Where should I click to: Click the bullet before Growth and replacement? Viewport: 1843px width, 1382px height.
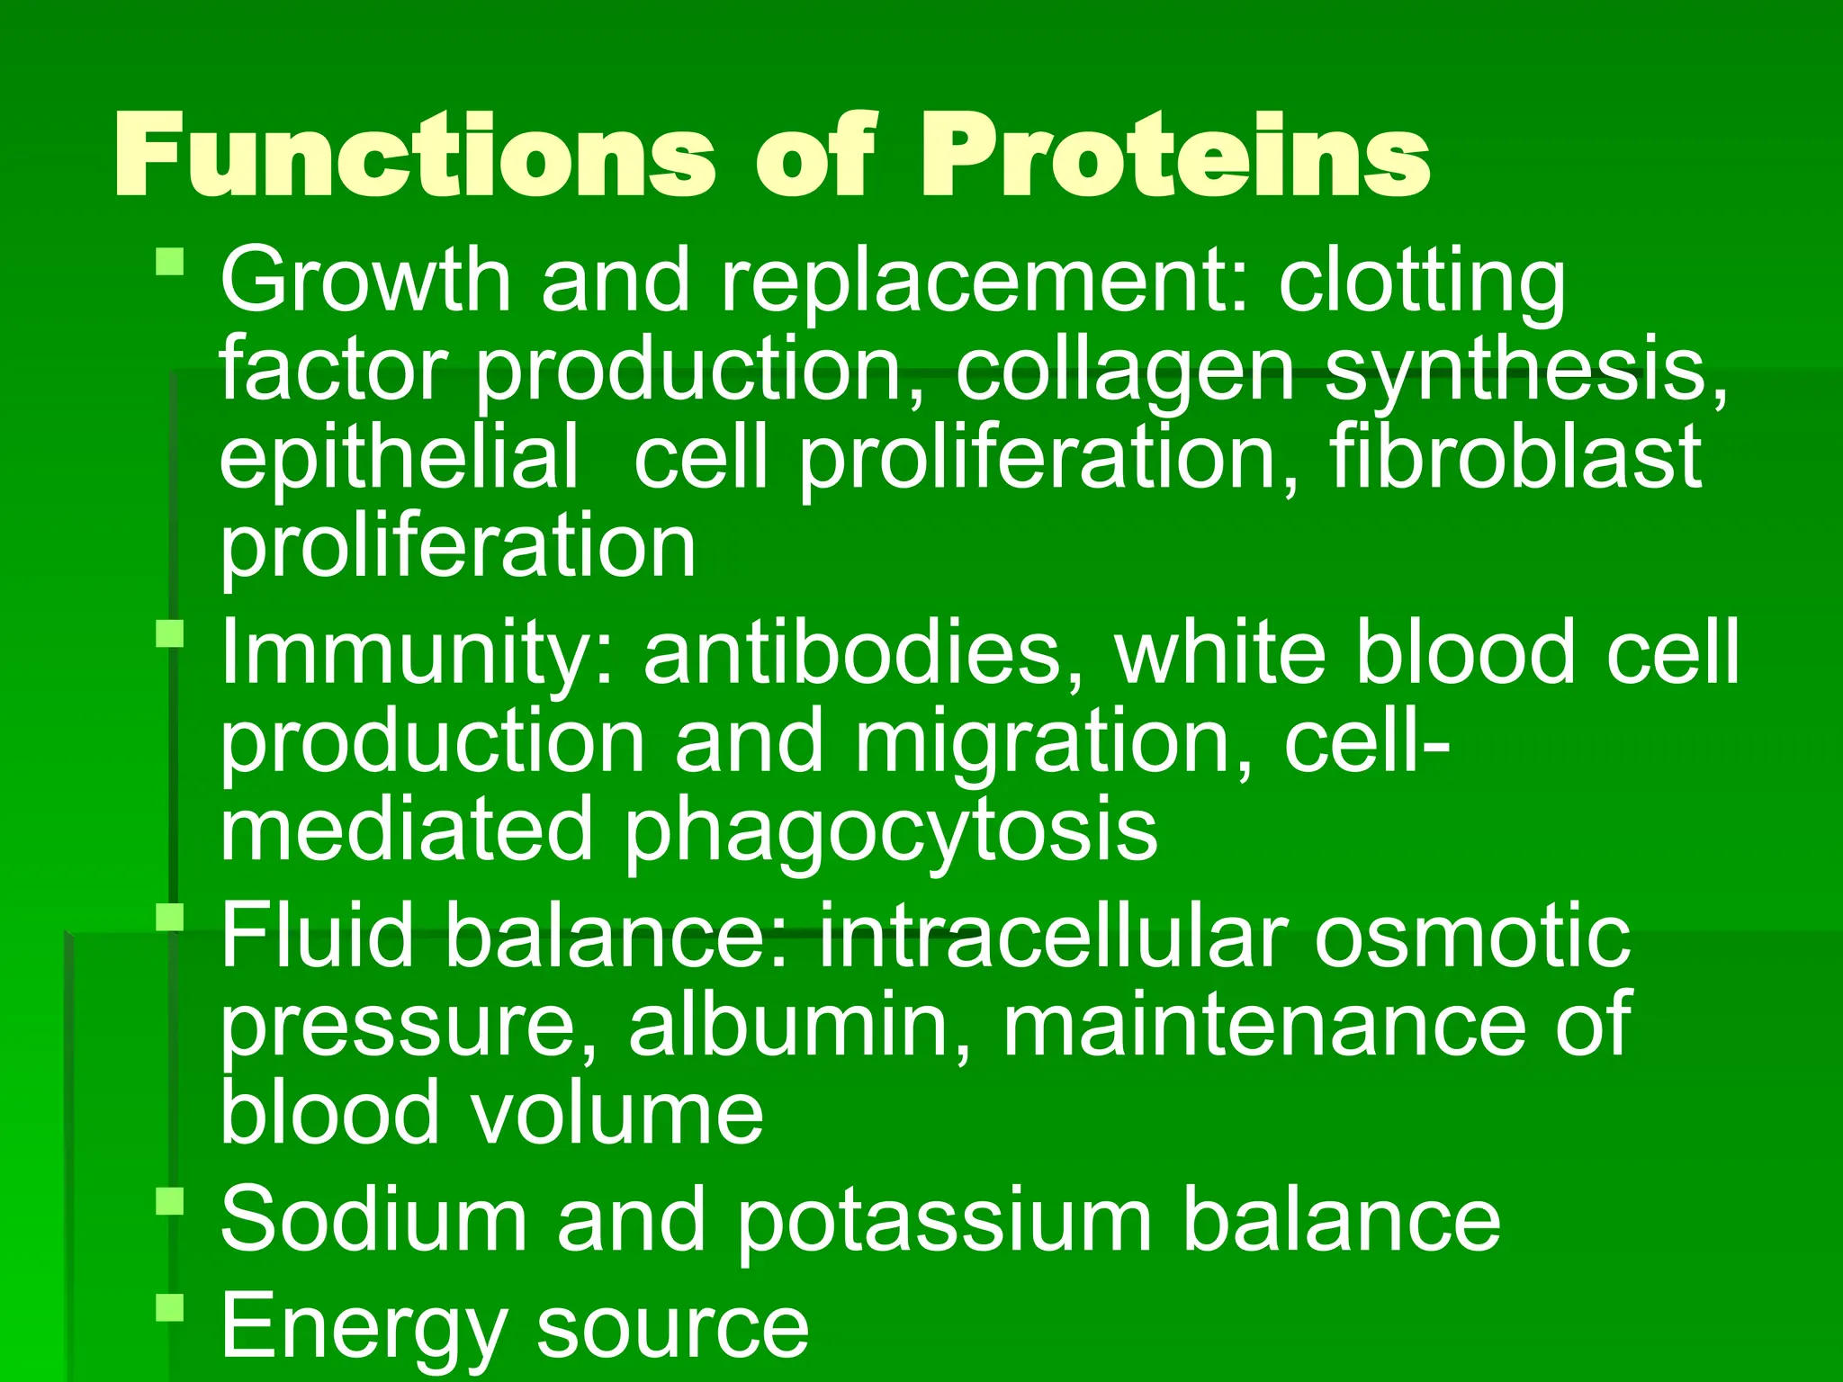tap(169, 263)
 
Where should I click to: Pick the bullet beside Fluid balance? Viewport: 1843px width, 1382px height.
tap(169, 917)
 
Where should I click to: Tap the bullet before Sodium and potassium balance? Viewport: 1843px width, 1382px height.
tap(169, 1201)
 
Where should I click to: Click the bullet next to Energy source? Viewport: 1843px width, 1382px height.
tap(169, 1306)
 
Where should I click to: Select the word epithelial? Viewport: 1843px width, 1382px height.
tap(399, 457)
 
